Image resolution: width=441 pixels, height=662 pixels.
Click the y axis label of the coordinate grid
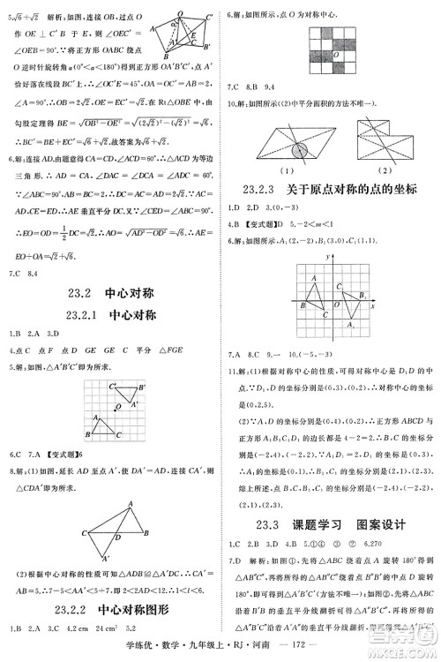[x=326, y=255]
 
